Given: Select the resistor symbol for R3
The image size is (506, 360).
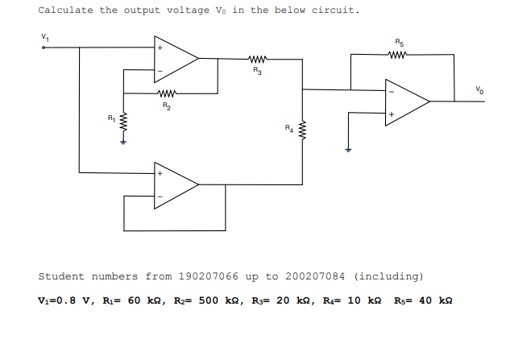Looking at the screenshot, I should point(257,58).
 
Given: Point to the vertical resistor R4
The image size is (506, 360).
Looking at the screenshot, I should point(302,129).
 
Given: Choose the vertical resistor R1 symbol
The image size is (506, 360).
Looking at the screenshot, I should point(122,125).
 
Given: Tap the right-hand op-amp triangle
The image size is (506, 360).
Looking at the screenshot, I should point(405,101).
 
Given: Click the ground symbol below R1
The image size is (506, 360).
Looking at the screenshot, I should point(122,143).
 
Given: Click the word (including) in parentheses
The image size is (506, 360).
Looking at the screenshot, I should point(388,276).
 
